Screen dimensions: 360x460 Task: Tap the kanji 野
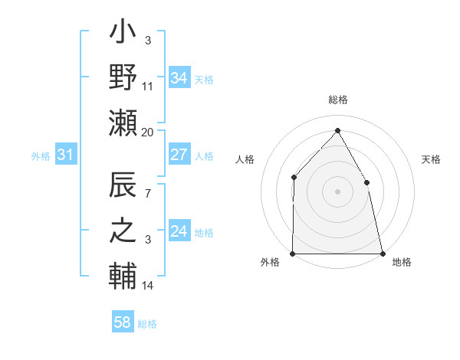click(x=123, y=79)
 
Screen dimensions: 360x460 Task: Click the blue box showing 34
click(x=179, y=78)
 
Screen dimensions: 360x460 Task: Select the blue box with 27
click(x=179, y=155)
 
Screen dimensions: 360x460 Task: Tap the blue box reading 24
click(x=179, y=231)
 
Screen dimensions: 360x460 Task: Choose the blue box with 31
click(x=65, y=155)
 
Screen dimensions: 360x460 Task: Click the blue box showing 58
click(x=123, y=322)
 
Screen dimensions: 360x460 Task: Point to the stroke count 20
click(x=148, y=132)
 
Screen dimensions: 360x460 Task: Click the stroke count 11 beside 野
click(x=148, y=87)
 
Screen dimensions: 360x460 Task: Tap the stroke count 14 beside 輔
click(x=148, y=286)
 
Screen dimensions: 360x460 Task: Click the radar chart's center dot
click(x=337, y=191)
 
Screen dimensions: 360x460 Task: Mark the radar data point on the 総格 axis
click(x=337, y=130)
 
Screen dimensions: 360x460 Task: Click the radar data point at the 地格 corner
click(x=382, y=253)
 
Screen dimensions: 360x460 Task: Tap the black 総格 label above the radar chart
click(x=337, y=100)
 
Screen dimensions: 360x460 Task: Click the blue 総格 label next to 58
click(x=147, y=324)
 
